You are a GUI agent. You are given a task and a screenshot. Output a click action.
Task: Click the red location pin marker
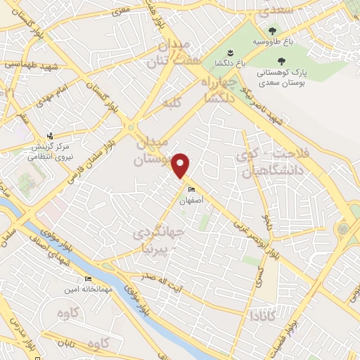(181, 165)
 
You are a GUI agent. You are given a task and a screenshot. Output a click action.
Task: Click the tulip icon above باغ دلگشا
(230, 53)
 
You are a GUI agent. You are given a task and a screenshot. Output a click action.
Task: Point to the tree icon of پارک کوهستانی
(282, 61)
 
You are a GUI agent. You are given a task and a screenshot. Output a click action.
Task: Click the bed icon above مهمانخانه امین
(88, 278)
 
